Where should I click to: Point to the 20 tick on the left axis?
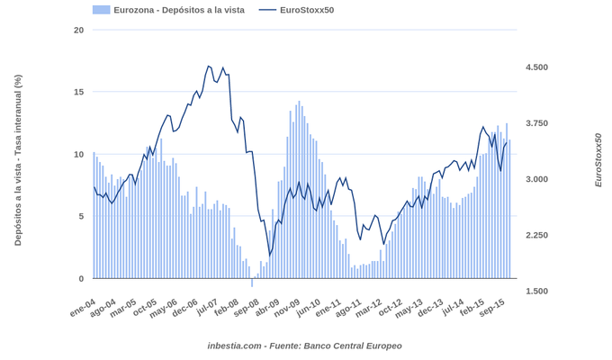[x=78, y=30]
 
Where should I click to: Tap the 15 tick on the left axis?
[x=78, y=92]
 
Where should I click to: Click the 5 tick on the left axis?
[x=81, y=216]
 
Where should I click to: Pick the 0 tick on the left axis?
[x=81, y=279]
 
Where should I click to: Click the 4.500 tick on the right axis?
[x=536, y=67]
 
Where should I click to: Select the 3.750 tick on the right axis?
[x=536, y=123]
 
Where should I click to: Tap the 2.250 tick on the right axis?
[x=536, y=235]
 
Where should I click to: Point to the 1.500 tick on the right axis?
[x=536, y=291]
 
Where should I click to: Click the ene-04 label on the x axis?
[x=83, y=309]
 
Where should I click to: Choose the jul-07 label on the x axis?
[x=208, y=309]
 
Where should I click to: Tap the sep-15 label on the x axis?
[x=490, y=309]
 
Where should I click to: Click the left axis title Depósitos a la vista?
[x=17, y=160]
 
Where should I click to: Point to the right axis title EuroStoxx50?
[x=598, y=160]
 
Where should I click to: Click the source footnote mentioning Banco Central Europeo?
[x=304, y=346]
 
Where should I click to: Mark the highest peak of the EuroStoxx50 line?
[x=209, y=66]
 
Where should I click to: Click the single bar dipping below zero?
[x=252, y=283]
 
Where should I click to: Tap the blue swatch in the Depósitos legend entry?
[x=101, y=10]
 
